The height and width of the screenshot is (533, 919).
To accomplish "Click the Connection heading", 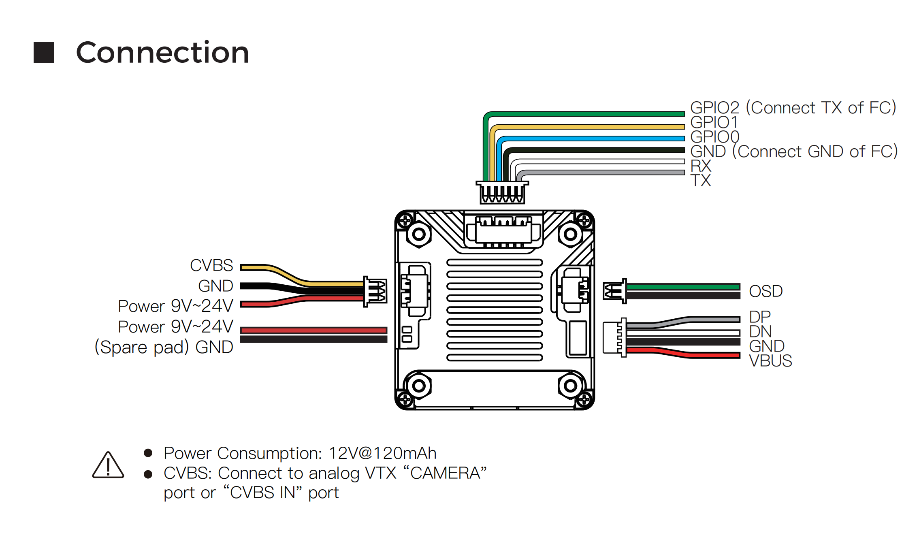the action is click(x=162, y=53).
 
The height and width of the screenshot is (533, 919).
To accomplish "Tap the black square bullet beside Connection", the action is click(x=44, y=53).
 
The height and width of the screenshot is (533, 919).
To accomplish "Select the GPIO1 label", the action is click(x=714, y=122).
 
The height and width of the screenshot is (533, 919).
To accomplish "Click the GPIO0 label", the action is click(x=714, y=137).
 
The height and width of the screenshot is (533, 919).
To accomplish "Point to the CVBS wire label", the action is click(x=211, y=266).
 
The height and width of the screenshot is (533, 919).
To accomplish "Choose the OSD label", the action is click(x=765, y=291).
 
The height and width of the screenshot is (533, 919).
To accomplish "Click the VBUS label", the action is click(x=770, y=361).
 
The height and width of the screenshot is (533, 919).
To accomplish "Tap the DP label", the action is click(x=760, y=317).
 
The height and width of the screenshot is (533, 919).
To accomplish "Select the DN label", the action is click(x=760, y=332).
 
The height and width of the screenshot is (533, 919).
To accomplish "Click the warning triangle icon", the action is click(x=108, y=465).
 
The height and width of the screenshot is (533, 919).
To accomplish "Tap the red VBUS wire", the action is click(x=684, y=355).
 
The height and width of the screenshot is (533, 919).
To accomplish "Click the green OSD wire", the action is click(x=683, y=287).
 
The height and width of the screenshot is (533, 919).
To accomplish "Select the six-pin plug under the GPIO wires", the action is click(x=502, y=192).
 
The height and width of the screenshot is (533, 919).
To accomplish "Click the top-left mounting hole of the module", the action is click(x=419, y=234).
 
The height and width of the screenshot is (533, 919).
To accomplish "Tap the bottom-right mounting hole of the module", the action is click(x=570, y=386).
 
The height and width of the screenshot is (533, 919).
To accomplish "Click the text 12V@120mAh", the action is click(x=382, y=453).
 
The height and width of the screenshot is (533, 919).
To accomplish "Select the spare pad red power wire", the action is click(x=314, y=330).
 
